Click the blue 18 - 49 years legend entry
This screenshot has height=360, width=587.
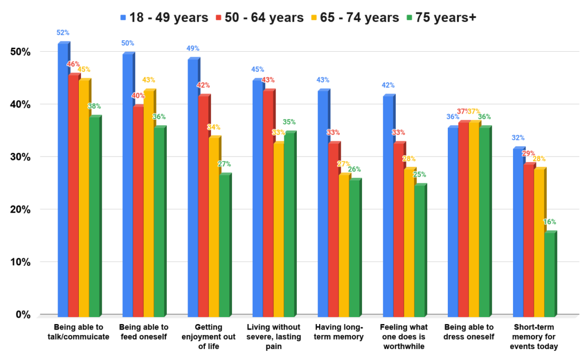tap(164, 17)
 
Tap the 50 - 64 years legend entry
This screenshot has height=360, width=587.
tap(260, 17)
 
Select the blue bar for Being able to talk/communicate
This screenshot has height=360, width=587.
tap(63, 179)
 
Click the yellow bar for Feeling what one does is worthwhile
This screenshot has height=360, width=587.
tap(409, 242)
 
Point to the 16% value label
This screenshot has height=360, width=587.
tap(549, 222)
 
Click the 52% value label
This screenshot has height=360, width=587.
tap(64, 33)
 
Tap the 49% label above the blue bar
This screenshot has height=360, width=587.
tap(193, 48)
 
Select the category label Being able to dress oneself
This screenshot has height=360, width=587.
tap(469, 332)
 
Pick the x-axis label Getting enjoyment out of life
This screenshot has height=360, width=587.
tap(209, 337)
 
